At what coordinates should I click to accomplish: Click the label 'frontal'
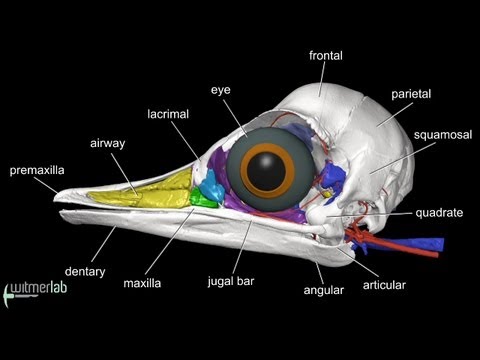327,55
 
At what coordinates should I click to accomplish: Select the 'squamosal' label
438,133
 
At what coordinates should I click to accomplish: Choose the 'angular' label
323,291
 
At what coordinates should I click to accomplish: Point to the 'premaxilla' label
38,171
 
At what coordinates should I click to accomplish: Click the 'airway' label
107,144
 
